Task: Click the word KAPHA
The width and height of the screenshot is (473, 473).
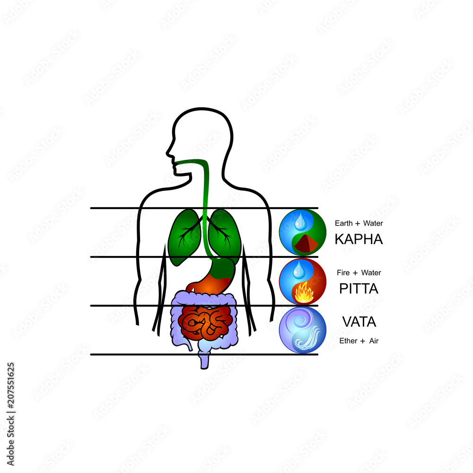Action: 359,239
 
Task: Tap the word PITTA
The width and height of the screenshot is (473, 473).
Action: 359,289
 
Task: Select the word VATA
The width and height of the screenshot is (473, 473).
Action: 359,322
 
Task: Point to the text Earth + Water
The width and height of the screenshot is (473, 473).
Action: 359,223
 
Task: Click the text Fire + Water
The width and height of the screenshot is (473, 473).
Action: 359,272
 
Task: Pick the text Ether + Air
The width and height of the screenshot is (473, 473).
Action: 359,341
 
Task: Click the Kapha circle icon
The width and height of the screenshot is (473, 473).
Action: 302,233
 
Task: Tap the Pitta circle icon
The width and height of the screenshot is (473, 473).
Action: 302,281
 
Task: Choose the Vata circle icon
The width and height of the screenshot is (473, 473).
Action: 302,330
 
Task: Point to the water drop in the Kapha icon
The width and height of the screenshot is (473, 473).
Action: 299,220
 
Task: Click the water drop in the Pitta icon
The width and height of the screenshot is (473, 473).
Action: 298,270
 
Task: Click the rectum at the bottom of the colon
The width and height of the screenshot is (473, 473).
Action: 204,360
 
